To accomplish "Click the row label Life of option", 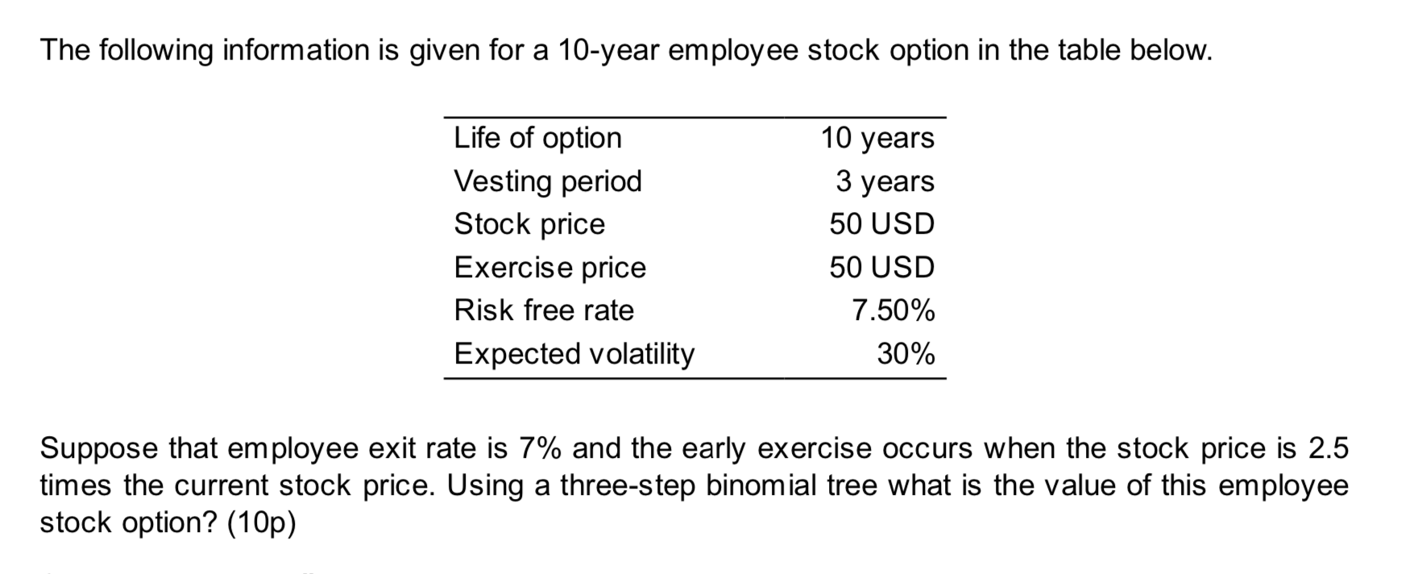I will click(537, 138).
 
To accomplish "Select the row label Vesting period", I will click(548, 181).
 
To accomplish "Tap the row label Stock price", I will click(529, 224).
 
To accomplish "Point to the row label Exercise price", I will click(550, 268).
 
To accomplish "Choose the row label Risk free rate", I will click(544, 310).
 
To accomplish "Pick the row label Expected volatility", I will click(574, 354).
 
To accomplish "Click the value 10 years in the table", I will click(877, 138).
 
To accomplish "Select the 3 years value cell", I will click(885, 181).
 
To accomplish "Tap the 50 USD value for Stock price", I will click(881, 224).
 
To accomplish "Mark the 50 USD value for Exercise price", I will click(881, 268).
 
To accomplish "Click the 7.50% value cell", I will click(894, 310).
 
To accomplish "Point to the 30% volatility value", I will click(906, 354).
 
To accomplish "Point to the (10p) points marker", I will click(261, 523).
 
